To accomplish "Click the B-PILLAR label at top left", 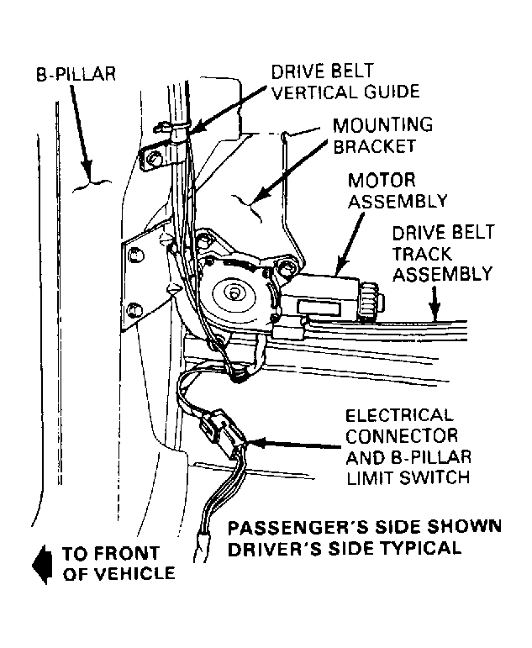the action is coord(76,74).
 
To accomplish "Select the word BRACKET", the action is coord(375,146).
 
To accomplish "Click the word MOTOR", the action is coord(381,181).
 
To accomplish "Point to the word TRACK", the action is coord(422,254).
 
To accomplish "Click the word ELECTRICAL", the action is coord(399,415).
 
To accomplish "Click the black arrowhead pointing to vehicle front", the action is coord(43,565).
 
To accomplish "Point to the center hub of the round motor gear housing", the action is coord(234,294).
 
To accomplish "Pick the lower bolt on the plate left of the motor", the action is coord(134,310).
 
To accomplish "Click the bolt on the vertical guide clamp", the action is coord(155,158).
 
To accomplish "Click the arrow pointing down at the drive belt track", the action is coord(434,304).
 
